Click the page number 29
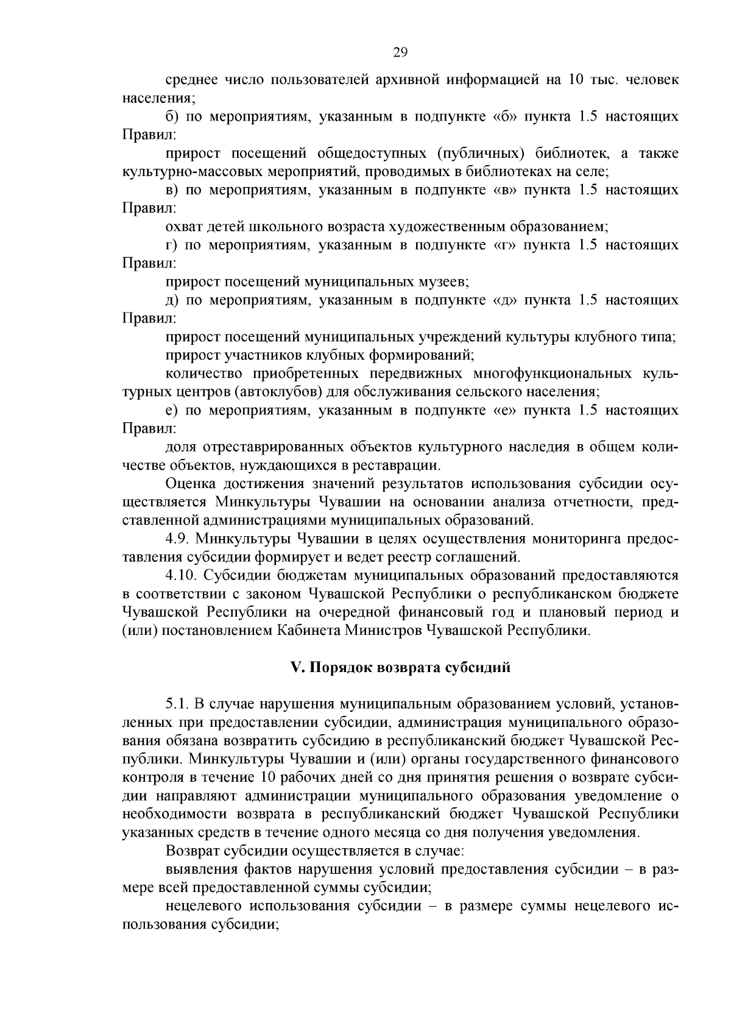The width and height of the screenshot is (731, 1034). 400,52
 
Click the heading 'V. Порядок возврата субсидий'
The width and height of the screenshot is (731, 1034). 400,667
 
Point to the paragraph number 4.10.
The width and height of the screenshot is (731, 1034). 182,575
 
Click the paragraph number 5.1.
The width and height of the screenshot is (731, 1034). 177,704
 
